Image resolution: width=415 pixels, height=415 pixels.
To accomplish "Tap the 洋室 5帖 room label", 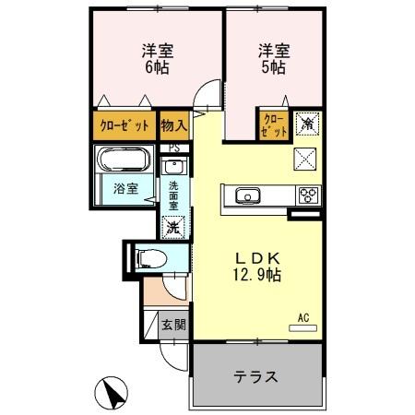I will click(x=273, y=60).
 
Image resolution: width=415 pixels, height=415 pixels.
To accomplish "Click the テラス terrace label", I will click(x=255, y=377).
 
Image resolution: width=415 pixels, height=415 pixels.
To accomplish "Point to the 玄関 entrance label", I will click(x=172, y=325).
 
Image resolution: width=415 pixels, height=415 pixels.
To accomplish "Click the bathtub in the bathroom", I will click(x=126, y=162).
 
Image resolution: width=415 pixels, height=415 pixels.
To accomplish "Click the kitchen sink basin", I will click(x=247, y=196).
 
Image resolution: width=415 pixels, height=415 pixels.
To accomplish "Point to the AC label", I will click(x=303, y=318).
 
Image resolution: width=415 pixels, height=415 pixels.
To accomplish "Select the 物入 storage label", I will click(x=173, y=125).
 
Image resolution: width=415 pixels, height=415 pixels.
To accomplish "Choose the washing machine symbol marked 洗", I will click(x=172, y=226).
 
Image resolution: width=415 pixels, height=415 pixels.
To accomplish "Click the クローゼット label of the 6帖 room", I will click(x=125, y=125).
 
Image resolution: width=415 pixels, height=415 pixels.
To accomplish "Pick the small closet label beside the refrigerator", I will click(x=274, y=125).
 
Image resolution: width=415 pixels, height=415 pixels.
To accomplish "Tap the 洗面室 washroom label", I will click(x=172, y=196).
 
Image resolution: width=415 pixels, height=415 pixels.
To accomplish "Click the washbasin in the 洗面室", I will click(x=173, y=167).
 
